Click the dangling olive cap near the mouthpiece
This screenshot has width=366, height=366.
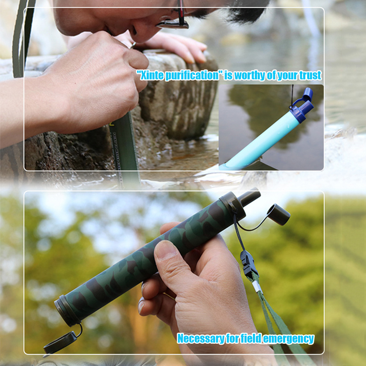click(279, 215)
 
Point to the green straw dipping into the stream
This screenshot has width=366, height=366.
click(124, 145)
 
